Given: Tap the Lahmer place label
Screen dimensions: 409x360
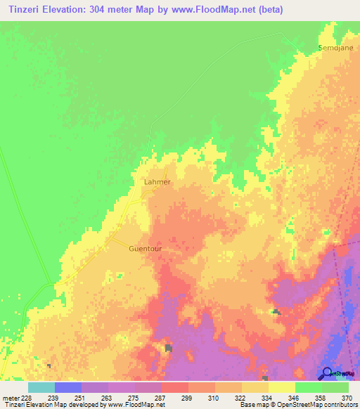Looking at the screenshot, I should coord(157,181).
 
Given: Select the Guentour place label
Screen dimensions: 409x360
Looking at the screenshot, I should coord(146,248).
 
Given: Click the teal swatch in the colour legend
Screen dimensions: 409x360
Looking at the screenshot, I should coord(41,387).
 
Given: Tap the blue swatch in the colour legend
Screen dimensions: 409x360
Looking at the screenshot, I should coord(68,387).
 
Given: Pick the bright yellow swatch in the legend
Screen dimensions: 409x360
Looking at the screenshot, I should coord(281,387).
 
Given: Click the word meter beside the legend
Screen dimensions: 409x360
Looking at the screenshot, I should coord(10,397).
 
